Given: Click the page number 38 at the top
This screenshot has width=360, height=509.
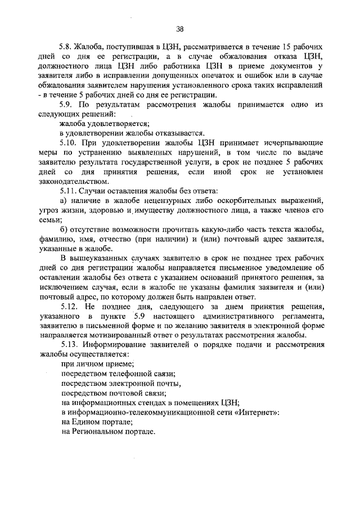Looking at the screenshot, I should [179, 29].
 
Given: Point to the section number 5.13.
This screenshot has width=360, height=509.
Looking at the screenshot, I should [69, 343].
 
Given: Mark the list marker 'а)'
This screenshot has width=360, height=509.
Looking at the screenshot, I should [65, 201].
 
